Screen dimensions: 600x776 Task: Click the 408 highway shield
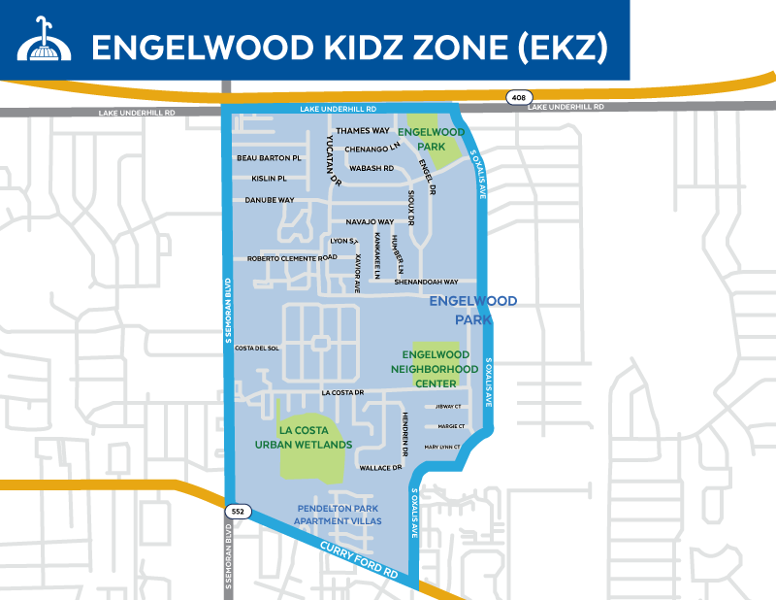pos(517,97)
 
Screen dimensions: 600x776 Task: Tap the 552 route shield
pos(238,509)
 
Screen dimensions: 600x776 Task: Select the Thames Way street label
pos(362,130)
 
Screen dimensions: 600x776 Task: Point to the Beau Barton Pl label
pos(270,158)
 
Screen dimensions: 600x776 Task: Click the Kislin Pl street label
pos(269,179)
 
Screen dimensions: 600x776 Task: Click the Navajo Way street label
pos(370,222)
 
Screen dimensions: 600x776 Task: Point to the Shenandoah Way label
pos(426,282)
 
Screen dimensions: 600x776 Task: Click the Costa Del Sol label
pos(257,348)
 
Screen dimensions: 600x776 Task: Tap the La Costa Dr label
pos(341,393)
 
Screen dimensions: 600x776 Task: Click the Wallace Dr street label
pos(380,468)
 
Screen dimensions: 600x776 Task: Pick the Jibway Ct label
pos(449,407)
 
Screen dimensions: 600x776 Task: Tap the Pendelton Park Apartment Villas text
pos(339,515)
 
